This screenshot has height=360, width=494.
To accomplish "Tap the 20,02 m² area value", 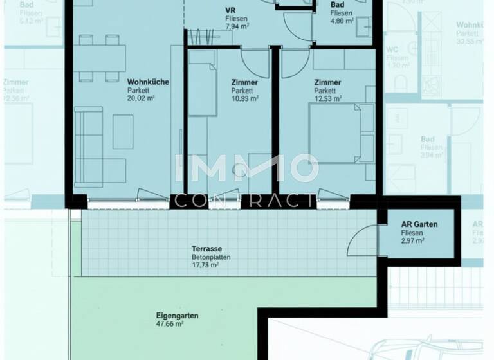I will point(142,99).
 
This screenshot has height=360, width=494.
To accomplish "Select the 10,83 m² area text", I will point(244,99).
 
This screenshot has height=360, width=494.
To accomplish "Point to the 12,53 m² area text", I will point(327,99).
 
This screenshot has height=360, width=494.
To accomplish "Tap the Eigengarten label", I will point(177,316).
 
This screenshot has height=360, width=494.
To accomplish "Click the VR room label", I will point(230,11).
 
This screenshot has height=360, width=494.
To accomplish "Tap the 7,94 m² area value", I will point(237,28).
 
